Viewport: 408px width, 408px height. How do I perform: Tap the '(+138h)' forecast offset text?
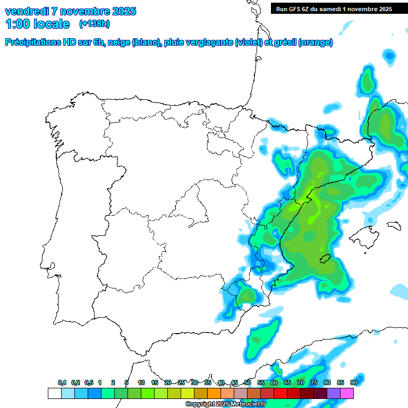[x=95, y=24]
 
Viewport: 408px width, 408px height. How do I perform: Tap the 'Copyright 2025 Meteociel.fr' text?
[x=225, y=404]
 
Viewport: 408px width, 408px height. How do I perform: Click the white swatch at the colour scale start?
[x=54, y=394]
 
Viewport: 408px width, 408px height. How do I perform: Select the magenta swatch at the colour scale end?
[x=347, y=394]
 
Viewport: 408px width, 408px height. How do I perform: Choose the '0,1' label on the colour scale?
[x=62, y=383]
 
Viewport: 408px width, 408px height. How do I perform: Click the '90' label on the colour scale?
[x=353, y=383]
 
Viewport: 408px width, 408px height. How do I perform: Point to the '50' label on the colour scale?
[x=248, y=383]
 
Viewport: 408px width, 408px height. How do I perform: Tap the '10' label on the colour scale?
[x=141, y=383]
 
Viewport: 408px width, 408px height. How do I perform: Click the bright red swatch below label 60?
[x=280, y=394]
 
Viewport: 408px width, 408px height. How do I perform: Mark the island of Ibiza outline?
[x=325, y=259]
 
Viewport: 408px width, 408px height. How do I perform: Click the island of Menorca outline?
[x=394, y=225]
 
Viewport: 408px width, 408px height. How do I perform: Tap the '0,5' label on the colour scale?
[x=88, y=383]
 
